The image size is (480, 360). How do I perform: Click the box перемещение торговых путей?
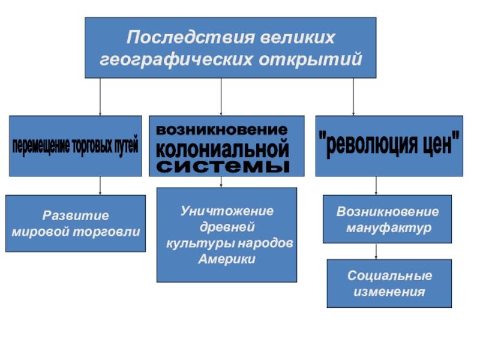coord(76,146)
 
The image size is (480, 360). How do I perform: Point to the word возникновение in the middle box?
coord(222,130)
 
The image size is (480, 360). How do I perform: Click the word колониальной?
coord(222,147)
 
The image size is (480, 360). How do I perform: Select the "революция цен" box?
coord(389,146)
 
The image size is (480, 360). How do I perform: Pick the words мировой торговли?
coord(76,231)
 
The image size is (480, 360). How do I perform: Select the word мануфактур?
coord(388,229)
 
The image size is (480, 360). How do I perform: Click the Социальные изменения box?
coord(389,283)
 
